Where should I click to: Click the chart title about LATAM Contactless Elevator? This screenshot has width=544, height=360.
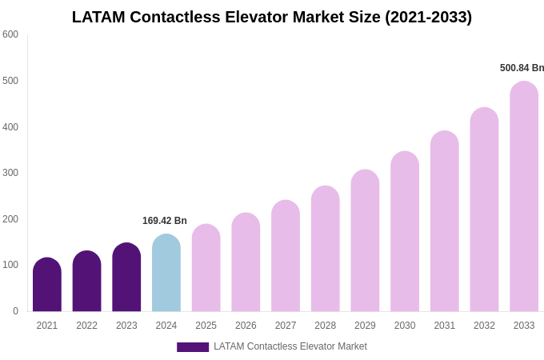[x=272, y=17]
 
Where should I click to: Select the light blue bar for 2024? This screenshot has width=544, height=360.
[x=166, y=274]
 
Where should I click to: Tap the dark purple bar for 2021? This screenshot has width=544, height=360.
[x=47, y=286]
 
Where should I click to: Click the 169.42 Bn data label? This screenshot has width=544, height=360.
[x=165, y=221]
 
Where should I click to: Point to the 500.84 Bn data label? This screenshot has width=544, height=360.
[x=522, y=68]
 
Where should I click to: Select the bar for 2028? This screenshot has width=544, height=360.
[x=326, y=250]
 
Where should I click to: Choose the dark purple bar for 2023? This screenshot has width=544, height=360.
[x=126, y=278]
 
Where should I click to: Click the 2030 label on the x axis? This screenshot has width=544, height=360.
[x=405, y=326]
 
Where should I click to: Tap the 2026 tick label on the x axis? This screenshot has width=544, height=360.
[x=246, y=326]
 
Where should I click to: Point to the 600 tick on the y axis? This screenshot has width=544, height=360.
[x=10, y=34]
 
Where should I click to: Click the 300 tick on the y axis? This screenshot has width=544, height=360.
[x=10, y=173]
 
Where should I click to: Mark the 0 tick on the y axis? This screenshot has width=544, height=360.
[x=15, y=311]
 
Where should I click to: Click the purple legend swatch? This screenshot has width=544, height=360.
[x=193, y=347]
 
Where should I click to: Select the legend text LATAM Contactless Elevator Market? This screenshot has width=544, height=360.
[x=290, y=346]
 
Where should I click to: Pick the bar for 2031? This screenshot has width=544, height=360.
[x=445, y=222]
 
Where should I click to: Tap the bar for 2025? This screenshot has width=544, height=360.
[x=206, y=269]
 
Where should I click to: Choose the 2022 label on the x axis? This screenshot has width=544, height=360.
[x=87, y=326]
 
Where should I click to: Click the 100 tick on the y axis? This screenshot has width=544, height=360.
[x=10, y=265]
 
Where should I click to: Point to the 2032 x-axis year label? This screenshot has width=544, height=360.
[x=484, y=326]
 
